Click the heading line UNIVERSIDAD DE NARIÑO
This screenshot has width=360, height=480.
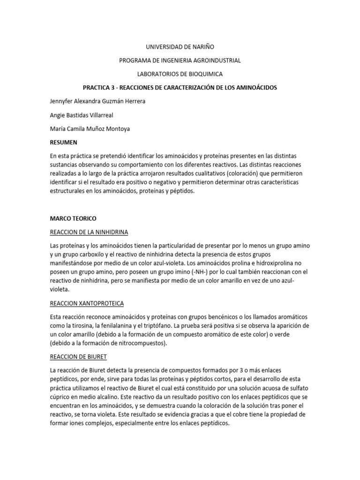click(x=180, y=47)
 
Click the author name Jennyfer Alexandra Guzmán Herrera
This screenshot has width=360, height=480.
click(x=97, y=101)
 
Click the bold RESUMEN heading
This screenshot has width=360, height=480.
click(x=63, y=142)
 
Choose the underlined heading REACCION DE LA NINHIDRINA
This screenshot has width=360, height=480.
click(x=89, y=232)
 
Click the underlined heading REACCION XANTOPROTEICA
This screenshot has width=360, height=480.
click(x=86, y=303)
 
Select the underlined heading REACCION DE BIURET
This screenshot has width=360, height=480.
click(x=78, y=357)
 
